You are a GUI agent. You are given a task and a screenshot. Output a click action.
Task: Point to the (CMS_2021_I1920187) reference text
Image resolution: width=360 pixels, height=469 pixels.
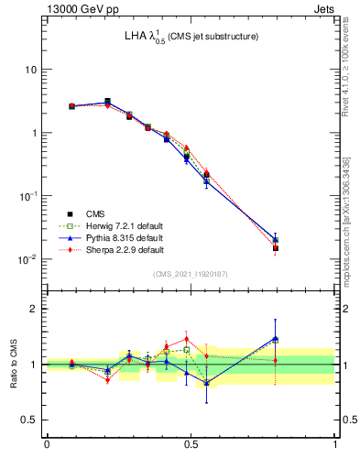191,274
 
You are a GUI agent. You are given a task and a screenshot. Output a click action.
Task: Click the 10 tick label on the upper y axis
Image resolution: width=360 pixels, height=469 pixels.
30,70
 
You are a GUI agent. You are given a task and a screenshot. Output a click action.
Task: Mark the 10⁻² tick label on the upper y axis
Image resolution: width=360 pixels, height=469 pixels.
27,259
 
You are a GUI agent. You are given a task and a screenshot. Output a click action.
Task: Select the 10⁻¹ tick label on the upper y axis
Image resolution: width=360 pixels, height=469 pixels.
27,196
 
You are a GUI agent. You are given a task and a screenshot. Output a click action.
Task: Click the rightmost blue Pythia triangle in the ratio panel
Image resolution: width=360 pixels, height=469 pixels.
275,338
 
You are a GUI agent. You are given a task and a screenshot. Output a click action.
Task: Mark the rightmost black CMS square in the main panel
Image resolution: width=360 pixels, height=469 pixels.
275,247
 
